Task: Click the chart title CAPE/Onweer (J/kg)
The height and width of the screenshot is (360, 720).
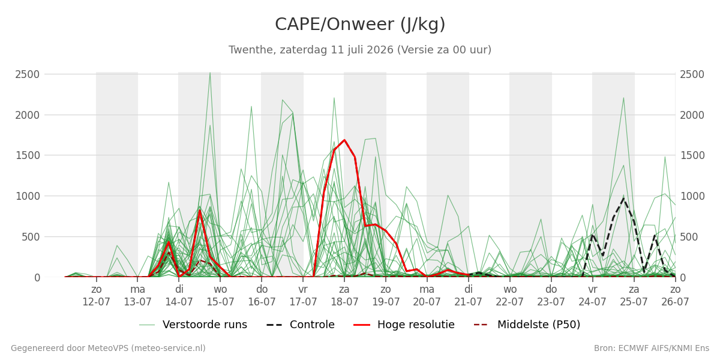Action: [360, 25]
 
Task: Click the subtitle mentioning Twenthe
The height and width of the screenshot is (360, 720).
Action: [360, 50]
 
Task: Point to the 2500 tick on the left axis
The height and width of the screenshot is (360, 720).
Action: [28, 74]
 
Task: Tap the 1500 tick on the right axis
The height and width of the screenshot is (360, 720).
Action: [692, 155]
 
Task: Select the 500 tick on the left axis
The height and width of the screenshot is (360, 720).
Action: [31, 237]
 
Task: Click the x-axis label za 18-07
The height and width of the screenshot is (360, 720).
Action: [344, 296]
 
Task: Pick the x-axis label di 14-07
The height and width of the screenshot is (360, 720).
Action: [179, 296]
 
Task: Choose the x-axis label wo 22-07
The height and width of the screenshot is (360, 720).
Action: [510, 296]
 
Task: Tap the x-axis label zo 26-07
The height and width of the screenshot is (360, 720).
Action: [675, 296]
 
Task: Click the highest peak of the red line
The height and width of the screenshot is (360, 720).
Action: [344, 140]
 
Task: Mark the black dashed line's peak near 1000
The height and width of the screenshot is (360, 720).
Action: [623, 198]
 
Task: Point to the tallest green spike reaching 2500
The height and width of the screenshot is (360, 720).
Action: [210, 73]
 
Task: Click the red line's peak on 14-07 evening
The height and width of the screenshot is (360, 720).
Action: [200, 210]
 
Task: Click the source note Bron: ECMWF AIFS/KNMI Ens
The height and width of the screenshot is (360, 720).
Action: [652, 349]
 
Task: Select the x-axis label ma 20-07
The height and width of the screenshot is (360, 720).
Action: [427, 296]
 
